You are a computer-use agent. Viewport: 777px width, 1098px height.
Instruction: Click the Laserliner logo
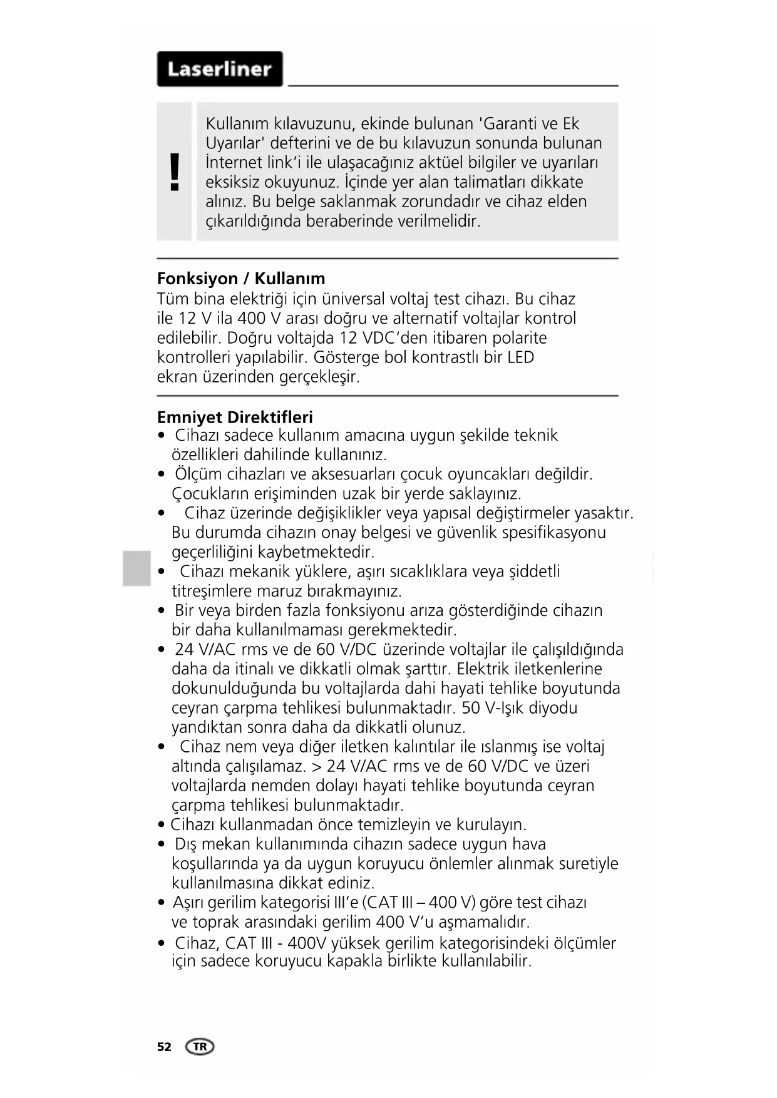pyautogui.click(x=219, y=69)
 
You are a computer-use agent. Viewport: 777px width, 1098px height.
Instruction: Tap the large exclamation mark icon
pyautogui.click(x=175, y=172)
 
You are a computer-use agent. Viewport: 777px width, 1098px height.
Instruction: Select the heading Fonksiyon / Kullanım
pyautogui.click(x=241, y=279)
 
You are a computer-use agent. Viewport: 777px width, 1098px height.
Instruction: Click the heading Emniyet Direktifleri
pyautogui.click(x=235, y=418)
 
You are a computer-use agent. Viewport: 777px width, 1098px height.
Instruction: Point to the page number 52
pyautogui.click(x=164, y=1047)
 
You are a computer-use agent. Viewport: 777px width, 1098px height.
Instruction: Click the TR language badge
pyautogui.click(x=200, y=1047)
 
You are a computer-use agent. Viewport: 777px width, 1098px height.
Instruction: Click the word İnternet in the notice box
pyautogui.click(x=234, y=163)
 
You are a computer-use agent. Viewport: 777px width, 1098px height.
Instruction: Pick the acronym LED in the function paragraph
pyautogui.click(x=520, y=357)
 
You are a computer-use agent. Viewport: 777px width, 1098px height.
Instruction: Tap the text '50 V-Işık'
pyautogui.click(x=492, y=708)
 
